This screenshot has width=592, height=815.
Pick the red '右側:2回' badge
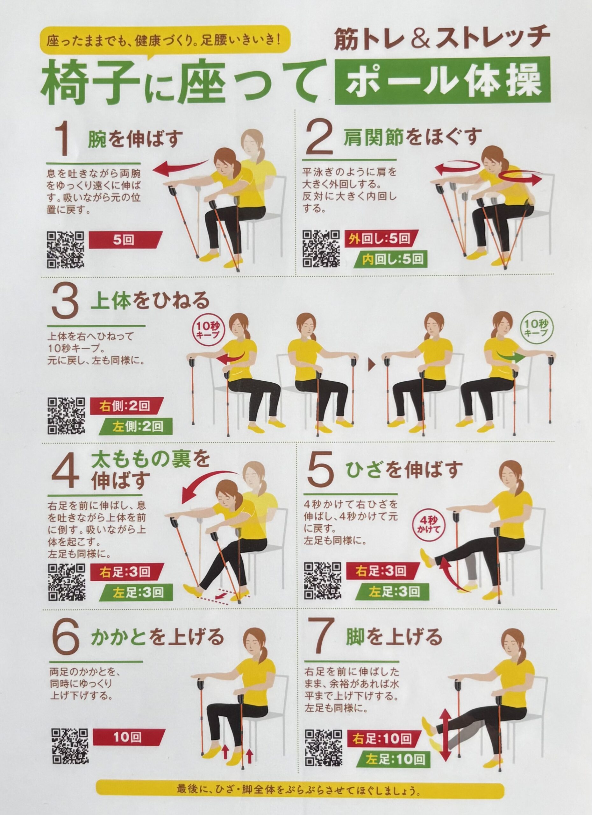click(x=124, y=407)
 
